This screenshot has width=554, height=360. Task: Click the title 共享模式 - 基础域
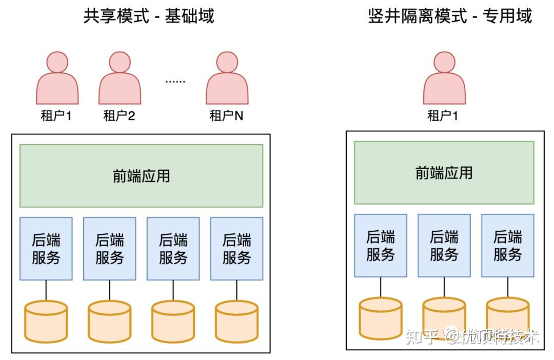coord(149,16)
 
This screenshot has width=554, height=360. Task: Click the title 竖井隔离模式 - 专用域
coord(450,16)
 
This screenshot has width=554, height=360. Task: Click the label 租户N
coord(226,116)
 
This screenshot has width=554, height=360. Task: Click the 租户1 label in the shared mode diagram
coord(56,116)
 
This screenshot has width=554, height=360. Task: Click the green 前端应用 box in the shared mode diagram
coord(141,175)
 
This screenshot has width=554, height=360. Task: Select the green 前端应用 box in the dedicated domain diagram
coord(444,172)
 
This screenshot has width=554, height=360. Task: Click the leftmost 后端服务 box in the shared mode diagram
coord(46,249)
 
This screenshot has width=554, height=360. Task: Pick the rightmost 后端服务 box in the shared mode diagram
coord(236,249)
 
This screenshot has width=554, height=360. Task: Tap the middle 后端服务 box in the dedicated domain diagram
coord(444,246)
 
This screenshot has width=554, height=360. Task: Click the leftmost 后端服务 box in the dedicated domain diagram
coord(380,246)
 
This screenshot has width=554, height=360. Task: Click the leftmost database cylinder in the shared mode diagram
coord(46,322)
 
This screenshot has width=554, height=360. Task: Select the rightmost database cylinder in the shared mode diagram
coord(236,322)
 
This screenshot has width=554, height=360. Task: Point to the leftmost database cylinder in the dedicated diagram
coord(380,318)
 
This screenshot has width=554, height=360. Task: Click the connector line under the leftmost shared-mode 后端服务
coord(46,290)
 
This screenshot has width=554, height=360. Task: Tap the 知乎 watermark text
coord(422,337)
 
